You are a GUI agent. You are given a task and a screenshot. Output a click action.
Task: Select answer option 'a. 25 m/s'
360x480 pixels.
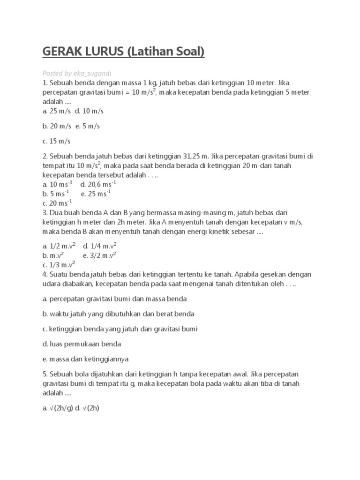pyautogui.click(x=56, y=111)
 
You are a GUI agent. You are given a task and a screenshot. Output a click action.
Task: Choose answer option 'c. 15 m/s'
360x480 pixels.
pyautogui.click(x=56, y=141)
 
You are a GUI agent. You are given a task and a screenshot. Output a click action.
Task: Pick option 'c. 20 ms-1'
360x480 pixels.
pyautogui.click(x=57, y=202)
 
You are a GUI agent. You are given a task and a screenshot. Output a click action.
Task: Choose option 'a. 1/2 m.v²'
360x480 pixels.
pyautogui.click(x=59, y=246)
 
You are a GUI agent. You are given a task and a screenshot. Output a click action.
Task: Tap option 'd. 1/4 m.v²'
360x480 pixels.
pyautogui.click(x=100, y=246)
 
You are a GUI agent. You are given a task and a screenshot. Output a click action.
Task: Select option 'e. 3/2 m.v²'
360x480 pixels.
pyautogui.click(x=99, y=255)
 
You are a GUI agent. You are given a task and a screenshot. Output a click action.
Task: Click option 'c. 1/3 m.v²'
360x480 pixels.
pyautogui.click(x=59, y=264)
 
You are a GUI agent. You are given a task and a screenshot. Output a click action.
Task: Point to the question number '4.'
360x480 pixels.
pyautogui.click(x=45, y=274)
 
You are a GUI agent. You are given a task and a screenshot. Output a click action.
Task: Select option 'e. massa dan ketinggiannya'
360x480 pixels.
pyautogui.click(x=86, y=359)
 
